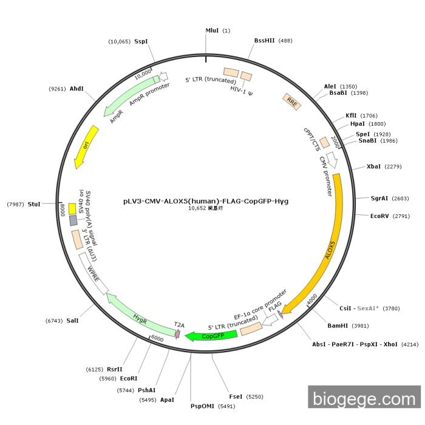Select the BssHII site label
[x=265, y=41]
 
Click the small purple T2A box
[x=177, y=333]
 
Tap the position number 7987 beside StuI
[x=15, y=204]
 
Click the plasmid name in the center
[x=206, y=200]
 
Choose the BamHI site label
[x=338, y=325]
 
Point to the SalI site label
[x=72, y=320]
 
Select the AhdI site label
[x=76, y=89]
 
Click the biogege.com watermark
[x=364, y=399]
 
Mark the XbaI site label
[x=374, y=166]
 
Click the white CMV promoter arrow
[x=332, y=161]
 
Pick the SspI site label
[x=141, y=41]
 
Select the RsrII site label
[x=115, y=369]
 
